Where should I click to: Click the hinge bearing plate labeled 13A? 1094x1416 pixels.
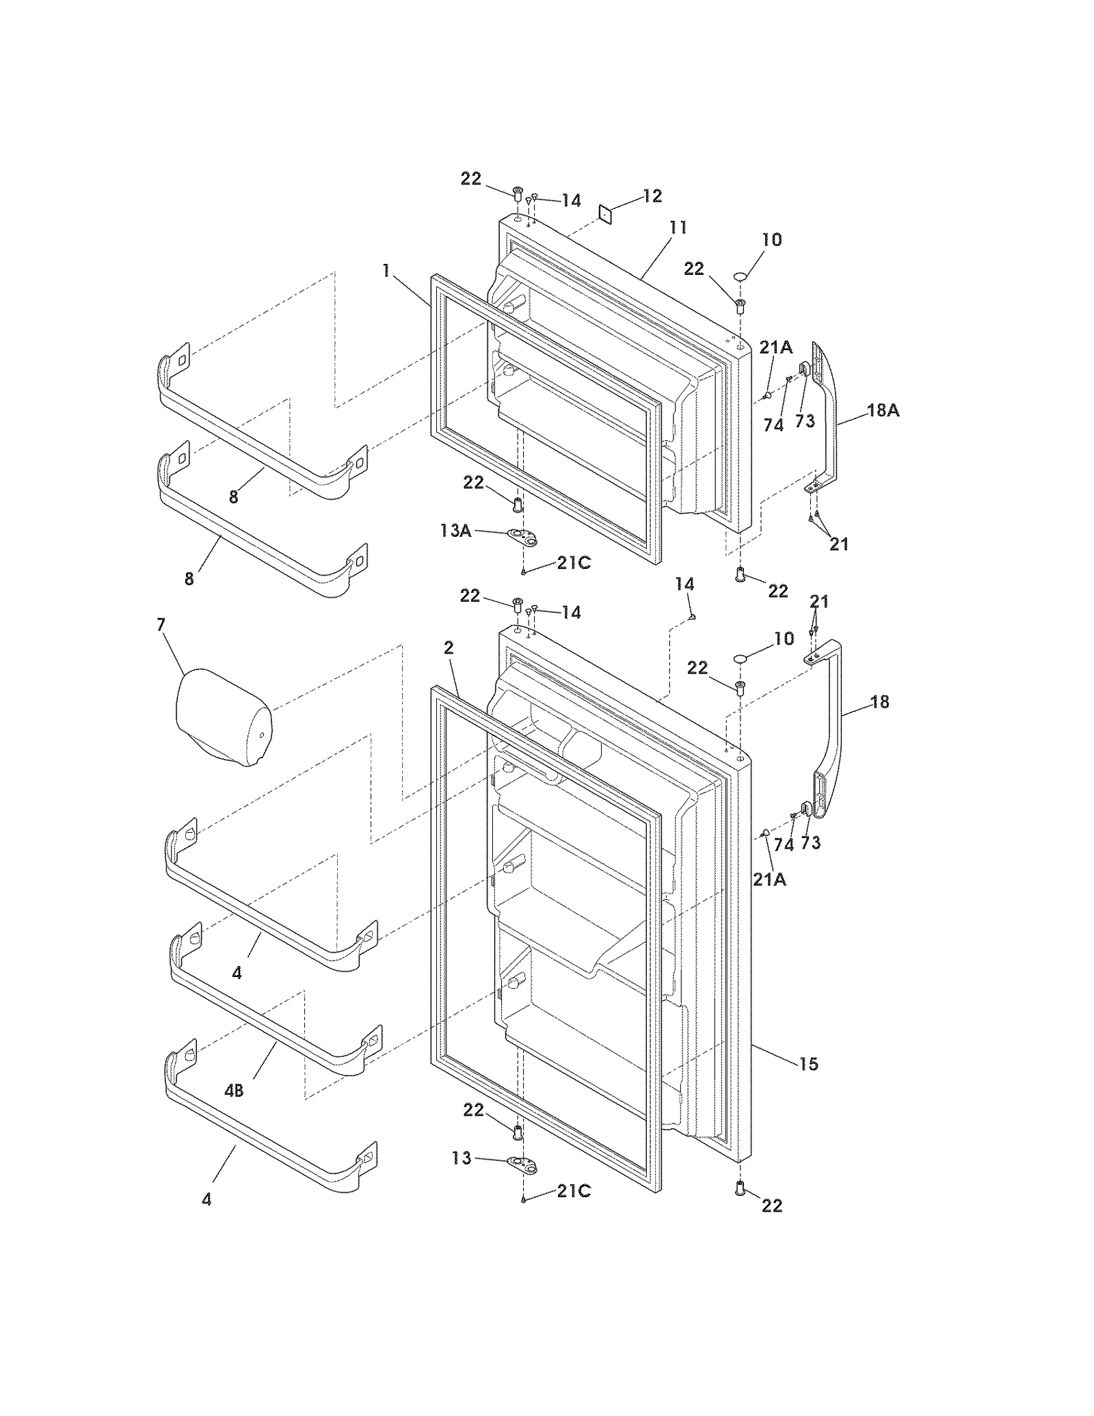point(523,535)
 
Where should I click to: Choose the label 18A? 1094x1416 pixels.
point(883,410)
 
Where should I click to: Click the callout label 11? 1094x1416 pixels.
point(677,227)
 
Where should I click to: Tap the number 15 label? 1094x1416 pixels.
point(808,1063)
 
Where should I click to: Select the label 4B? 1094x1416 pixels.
point(234,1091)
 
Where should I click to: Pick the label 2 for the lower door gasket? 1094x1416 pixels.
point(449,647)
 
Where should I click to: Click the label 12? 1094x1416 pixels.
point(652,196)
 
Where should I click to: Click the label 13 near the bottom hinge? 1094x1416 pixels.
point(462,1158)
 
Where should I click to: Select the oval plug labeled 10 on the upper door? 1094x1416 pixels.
point(743,276)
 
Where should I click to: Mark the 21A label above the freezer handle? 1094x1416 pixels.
point(775,347)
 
